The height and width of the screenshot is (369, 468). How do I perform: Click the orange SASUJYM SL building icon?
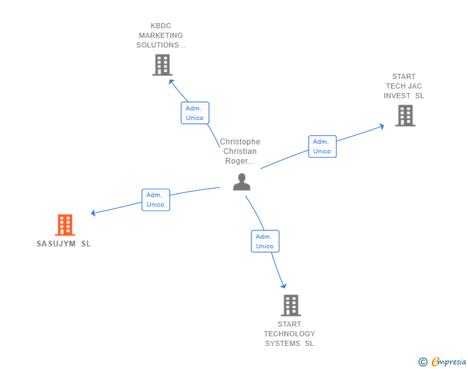coord(64,225)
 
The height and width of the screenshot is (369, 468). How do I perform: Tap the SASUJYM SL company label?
coord(64,244)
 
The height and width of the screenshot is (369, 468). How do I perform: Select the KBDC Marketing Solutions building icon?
coord(162,65)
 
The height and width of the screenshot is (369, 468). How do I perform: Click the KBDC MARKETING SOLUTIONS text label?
coord(160,35)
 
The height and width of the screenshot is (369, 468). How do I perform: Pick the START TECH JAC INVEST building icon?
coord(405,116)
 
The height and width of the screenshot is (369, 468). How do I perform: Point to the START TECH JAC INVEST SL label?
coord(404,86)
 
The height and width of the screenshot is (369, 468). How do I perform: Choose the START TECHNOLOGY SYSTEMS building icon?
coord(291,305)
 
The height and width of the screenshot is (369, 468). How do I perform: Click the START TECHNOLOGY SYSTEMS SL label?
coord(289,334)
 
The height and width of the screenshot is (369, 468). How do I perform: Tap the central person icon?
coord(242,182)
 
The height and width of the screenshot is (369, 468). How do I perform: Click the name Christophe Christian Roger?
coord(240,151)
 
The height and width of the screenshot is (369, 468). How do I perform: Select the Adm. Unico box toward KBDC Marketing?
coord(194,113)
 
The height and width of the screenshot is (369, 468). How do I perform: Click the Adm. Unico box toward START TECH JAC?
coord(322,146)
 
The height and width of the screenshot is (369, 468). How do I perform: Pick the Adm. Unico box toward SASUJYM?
coord(156,200)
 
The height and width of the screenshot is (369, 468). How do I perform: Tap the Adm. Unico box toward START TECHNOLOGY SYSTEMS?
coord(265,241)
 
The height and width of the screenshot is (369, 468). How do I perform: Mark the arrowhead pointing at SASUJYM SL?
coord(94,212)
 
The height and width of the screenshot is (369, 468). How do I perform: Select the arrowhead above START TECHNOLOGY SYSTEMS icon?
coord(283,286)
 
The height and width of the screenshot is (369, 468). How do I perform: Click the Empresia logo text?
coord(449,362)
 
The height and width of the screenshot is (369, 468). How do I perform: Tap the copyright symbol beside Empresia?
coord(422,362)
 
